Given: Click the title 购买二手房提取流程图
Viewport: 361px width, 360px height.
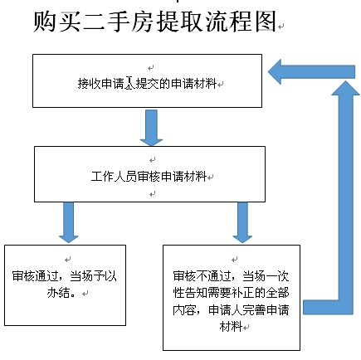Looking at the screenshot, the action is click(155, 22).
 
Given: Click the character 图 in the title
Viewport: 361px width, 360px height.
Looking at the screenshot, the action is click(266, 22).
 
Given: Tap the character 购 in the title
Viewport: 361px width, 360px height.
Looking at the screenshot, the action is click(44, 22).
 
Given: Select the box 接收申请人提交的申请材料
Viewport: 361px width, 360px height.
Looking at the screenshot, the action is click(147, 80).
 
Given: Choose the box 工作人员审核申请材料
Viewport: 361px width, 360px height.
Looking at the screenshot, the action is click(149, 174).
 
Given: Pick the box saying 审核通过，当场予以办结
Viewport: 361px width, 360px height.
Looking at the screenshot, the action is click(66, 285).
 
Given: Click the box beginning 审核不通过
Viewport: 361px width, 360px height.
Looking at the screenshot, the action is click(232, 298).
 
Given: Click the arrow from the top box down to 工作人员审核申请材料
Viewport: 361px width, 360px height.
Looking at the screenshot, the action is click(151, 128).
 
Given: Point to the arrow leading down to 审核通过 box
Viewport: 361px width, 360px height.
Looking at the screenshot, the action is click(69, 222).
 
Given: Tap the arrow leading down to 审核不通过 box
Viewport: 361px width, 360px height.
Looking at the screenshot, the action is click(242, 222).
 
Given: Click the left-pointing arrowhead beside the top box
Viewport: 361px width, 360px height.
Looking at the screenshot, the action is click(275, 72).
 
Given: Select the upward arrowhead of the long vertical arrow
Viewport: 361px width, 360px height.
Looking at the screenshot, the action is click(346, 88).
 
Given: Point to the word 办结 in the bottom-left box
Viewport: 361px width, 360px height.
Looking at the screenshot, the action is click(58, 293).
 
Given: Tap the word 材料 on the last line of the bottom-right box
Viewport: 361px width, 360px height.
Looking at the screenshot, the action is click(231, 327).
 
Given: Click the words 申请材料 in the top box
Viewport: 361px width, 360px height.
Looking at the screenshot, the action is click(193, 83).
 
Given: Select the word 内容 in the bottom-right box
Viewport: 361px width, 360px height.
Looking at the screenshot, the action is click(184, 310).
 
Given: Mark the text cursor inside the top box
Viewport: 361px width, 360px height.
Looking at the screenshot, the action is click(129, 83).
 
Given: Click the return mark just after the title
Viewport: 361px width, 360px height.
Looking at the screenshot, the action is click(281, 27).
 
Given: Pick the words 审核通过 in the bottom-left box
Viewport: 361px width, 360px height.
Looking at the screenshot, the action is click(36, 276).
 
